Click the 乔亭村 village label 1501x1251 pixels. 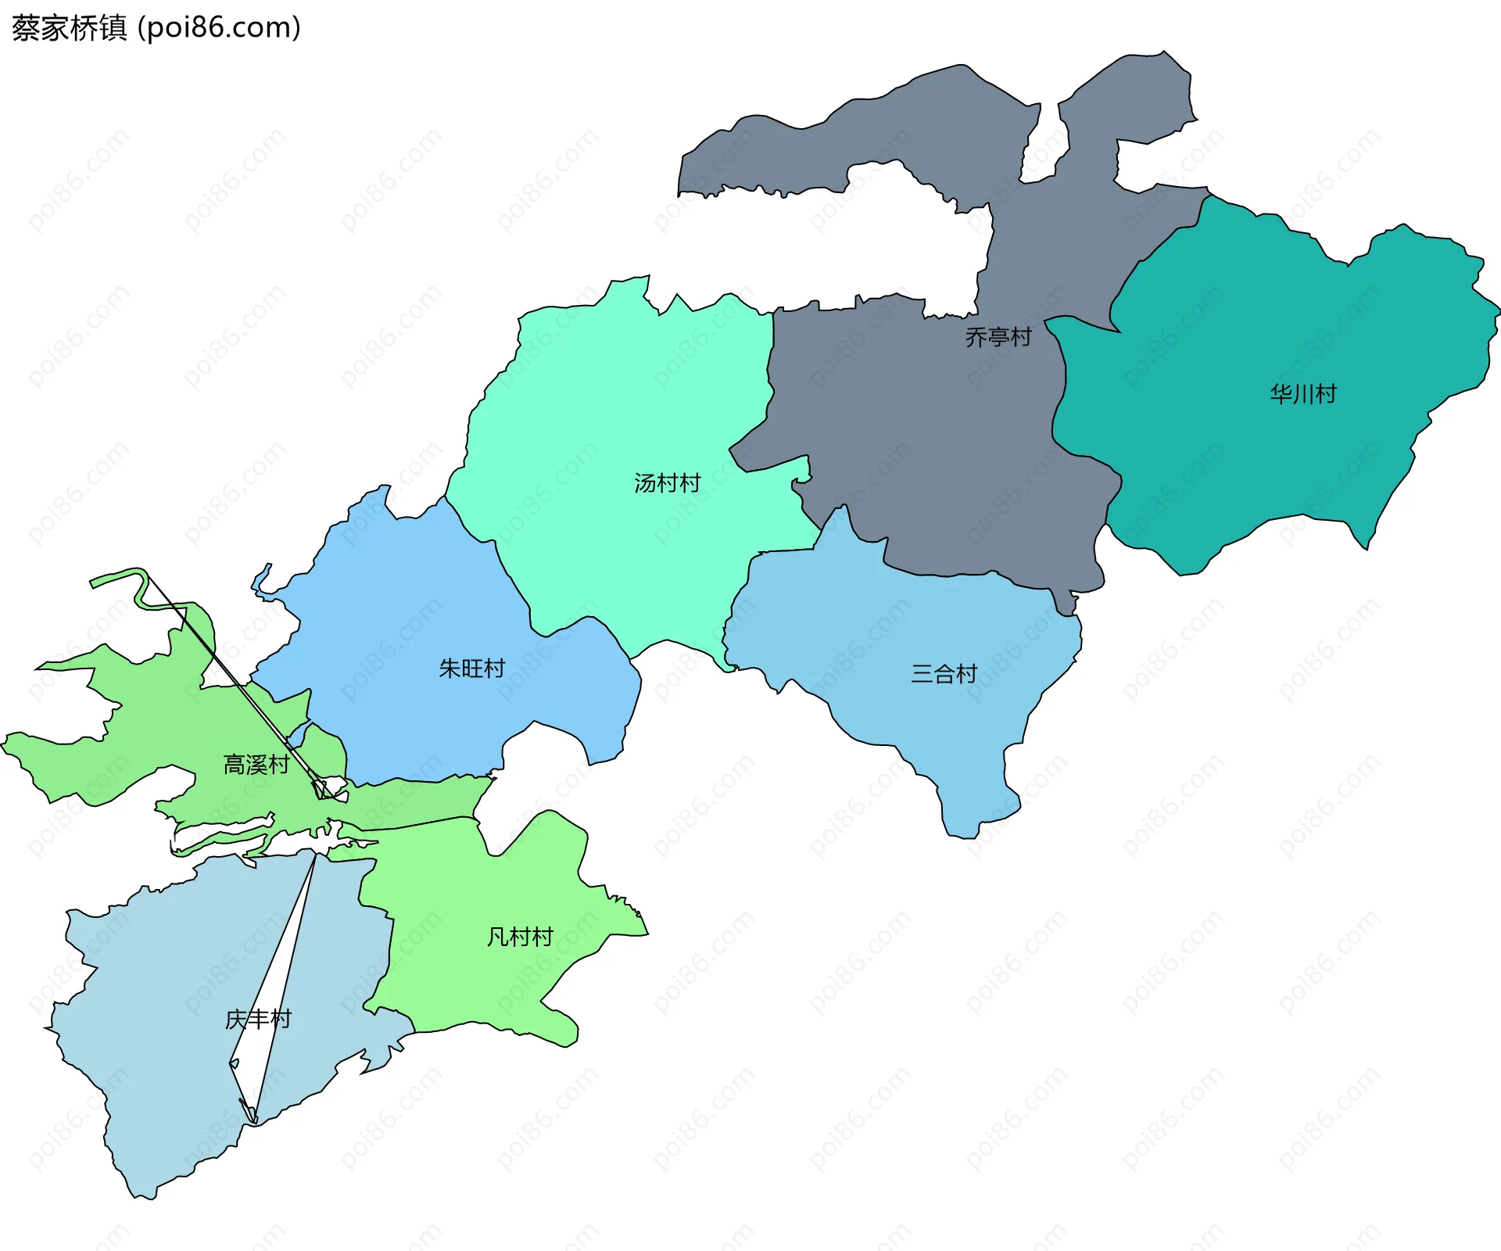998,337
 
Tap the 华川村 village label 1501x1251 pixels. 1303,393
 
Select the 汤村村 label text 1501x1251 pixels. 667,483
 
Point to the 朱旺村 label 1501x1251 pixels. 471,669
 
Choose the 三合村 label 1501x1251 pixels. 944,673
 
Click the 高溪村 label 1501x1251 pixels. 256,764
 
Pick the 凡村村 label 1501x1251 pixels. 520,936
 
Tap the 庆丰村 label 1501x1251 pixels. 258,1019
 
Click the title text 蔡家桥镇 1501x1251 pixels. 69,28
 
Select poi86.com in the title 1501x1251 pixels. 219,28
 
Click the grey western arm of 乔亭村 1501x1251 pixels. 782,149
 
